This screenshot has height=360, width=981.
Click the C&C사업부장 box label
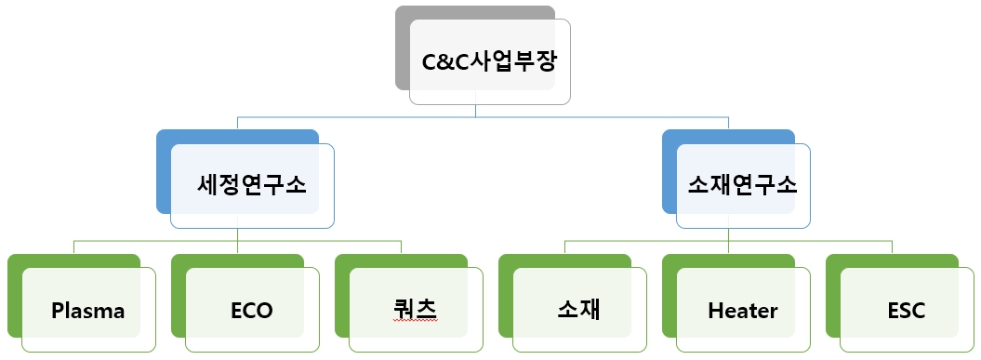click(490, 62)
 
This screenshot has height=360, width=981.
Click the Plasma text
click(88, 311)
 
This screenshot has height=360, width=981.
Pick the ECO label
click(252, 311)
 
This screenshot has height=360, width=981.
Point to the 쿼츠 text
click(415, 309)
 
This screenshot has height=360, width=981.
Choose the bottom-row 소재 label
click(578, 310)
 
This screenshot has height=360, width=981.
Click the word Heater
click(742, 311)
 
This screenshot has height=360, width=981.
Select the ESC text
click(906, 311)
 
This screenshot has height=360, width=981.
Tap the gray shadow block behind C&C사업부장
click(402, 47)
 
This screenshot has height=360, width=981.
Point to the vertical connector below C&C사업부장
click(476, 111)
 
